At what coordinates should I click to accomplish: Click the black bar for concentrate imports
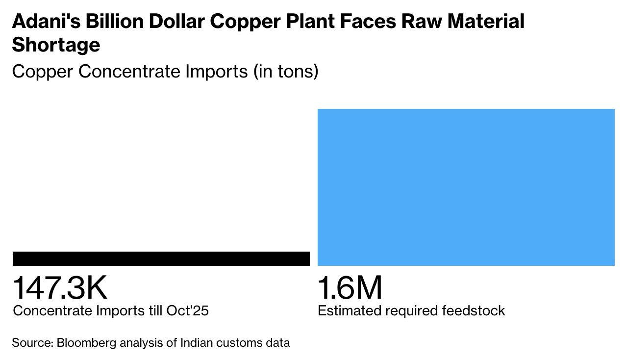[x=161, y=258]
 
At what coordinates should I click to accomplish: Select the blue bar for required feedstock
[x=466, y=187]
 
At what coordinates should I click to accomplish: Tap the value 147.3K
[x=60, y=288]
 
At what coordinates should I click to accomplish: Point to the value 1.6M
[x=350, y=288]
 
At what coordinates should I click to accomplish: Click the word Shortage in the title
[x=56, y=45]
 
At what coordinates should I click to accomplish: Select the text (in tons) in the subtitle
[x=286, y=72]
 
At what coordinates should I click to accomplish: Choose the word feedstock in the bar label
[x=474, y=311]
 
